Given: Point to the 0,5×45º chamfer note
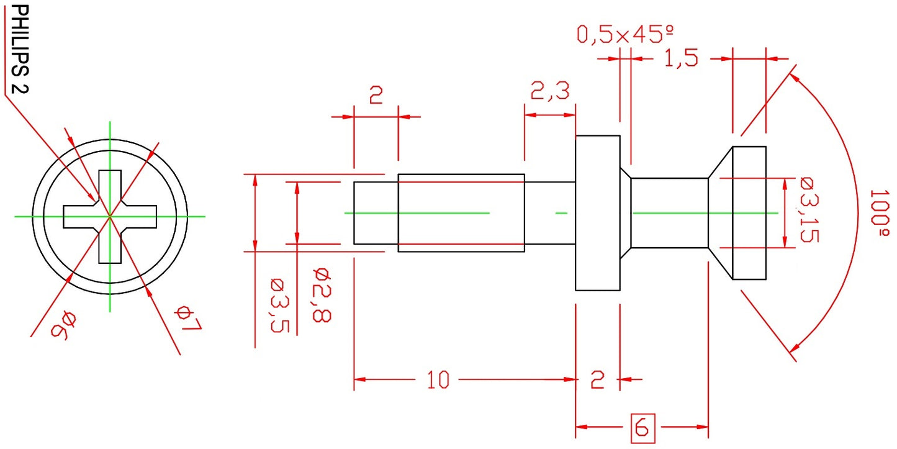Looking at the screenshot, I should [625, 34].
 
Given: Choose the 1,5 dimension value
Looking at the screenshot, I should [682, 58].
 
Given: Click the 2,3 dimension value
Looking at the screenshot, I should [550, 92].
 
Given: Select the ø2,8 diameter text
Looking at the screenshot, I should [322, 294].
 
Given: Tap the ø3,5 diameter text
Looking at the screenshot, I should [278, 305].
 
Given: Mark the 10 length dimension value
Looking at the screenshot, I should [438, 379].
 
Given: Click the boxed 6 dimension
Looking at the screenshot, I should [642, 427].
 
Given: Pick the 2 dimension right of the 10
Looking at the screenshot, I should [597, 379].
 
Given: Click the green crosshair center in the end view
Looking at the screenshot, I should [110, 216].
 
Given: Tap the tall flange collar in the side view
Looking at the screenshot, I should [597, 213].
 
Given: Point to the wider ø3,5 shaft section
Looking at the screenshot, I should [461, 213].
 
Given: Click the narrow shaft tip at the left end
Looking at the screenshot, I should [376, 213].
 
